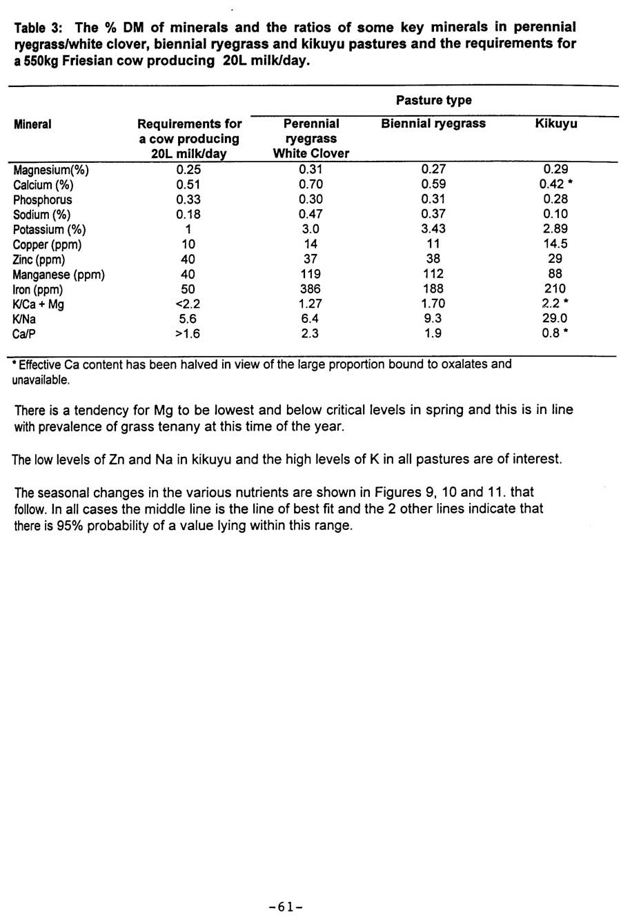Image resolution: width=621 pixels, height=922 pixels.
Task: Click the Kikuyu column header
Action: [556, 124]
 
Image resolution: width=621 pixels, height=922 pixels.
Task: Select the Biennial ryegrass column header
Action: [433, 124]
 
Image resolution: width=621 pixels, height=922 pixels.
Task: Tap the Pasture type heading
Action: [433, 100]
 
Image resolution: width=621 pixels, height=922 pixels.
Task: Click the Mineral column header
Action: [32, 124]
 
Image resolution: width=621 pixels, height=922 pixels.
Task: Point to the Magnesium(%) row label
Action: [51, 170]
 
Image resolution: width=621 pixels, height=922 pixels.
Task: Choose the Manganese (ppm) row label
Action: [59, 275]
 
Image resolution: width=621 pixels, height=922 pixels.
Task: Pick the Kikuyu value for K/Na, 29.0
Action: [555, 319]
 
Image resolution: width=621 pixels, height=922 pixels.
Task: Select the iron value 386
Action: [310, 289]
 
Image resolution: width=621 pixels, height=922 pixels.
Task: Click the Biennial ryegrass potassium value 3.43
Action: [433, 229]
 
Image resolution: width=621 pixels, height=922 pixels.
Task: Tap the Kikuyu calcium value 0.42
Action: [553, 184]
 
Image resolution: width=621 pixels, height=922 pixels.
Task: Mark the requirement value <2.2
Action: [188, 304]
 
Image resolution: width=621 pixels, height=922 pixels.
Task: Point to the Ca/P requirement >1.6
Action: [188, 334]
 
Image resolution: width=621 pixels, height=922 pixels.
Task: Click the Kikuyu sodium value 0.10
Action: [555, 215]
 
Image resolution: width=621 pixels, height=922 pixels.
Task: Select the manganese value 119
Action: [310, 275]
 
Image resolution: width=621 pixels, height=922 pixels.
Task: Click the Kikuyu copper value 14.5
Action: [555, 244]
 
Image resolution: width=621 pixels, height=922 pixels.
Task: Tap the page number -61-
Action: [286, 907]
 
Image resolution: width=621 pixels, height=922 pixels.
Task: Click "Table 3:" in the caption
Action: [40, 28]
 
